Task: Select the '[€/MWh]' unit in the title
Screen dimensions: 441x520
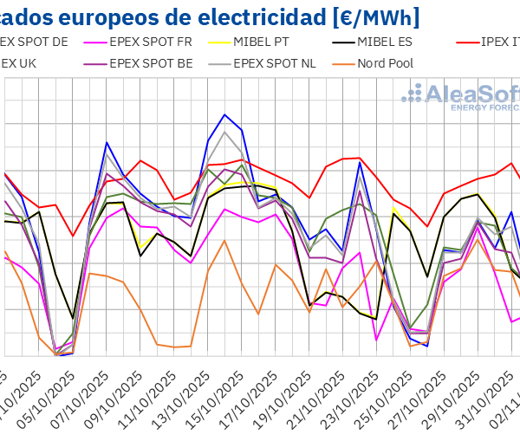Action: pyautogui.click(x=367, y=16)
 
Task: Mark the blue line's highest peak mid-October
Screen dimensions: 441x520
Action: pyautogui.click(x=225, y=114)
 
